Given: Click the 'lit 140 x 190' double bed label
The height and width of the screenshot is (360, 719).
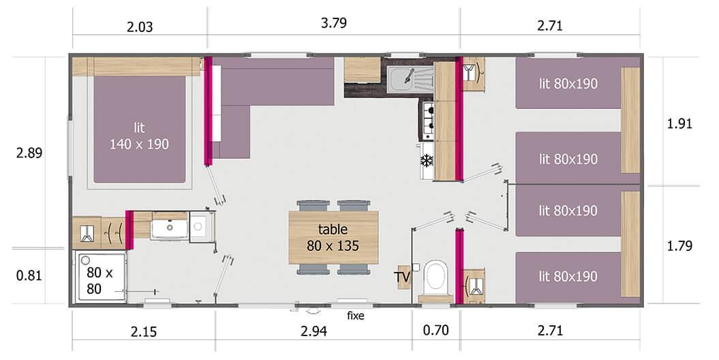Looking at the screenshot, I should click(x=139, y=136).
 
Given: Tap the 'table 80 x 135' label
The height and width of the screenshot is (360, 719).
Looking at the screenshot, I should click(x=333, y=237).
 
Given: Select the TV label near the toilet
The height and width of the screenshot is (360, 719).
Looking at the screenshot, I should click(x=402, y=276).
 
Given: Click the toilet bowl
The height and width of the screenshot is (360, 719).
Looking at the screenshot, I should click(x=435, y=278).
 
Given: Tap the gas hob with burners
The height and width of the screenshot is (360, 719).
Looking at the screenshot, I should click(x=427, y=120).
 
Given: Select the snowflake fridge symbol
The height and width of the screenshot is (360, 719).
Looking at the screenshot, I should click(x=427, y=161).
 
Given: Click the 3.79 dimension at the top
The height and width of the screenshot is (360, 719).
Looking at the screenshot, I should click(x=333, y=23).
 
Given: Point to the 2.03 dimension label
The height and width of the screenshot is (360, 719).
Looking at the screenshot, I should click(x=139, y=27).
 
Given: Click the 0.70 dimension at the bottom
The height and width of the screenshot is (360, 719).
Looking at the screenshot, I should click(x=435, y=332).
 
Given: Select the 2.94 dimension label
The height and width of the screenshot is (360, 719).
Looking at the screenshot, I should click(x=314, y=332).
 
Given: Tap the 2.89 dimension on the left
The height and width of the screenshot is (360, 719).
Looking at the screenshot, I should click(x=29, y=153).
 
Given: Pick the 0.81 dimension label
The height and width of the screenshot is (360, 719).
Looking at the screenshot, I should click(x=29, y=276).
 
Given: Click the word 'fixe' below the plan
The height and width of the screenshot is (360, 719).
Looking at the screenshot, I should click(x=356, y=316).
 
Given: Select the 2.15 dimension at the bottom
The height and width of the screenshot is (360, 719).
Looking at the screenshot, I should click(x=143, y=332).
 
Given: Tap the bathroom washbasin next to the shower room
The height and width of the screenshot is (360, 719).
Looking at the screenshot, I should click(x=168, y=226).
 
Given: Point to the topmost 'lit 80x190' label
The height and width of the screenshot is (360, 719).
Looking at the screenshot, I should click(x=568, y=84).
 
